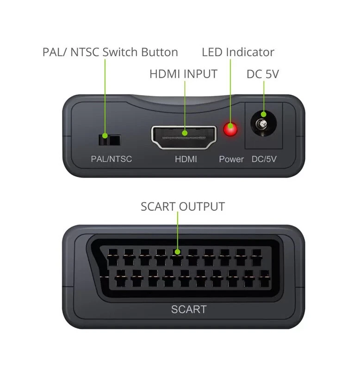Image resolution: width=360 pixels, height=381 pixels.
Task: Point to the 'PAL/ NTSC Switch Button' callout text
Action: [x=110, y=52]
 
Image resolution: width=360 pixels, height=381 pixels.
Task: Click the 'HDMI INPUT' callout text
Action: [x=183, y=74]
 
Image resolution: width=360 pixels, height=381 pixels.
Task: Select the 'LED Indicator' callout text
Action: [x=238, y=52]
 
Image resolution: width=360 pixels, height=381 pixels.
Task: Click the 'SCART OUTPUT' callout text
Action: [x=183, y=207]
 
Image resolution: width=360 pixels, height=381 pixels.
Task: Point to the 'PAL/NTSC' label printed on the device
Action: [x=111, y=159]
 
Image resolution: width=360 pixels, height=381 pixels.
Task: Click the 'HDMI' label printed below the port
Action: [x=186, y=159]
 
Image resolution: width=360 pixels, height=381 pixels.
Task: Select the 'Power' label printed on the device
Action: [x=231, y=159]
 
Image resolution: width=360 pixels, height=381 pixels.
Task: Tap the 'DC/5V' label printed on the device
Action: [x=264, y=159]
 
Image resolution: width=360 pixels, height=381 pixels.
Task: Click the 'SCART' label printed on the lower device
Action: [x=189, y=309]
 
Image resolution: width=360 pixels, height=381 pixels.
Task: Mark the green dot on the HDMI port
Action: [x=184, y=133]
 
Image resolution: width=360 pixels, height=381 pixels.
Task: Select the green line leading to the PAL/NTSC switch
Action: [x=105, y=97]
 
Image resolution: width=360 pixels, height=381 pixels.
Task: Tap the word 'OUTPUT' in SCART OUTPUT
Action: [x=202, y=207]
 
